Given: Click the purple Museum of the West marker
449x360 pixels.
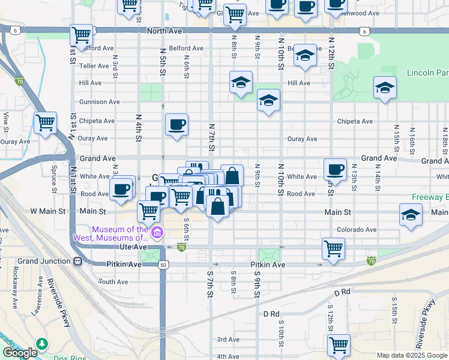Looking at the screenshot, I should click(157, 233).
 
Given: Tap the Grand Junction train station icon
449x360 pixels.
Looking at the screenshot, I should click(77, 262).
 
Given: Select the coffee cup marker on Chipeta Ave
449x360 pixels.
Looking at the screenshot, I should click(176, 125).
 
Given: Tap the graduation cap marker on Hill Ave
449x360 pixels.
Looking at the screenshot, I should click(241, 83).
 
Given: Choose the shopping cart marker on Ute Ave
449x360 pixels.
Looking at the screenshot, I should click(333, 248).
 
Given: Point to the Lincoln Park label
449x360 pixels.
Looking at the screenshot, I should click(428, 73).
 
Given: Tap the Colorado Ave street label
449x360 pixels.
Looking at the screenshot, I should click(357, 229).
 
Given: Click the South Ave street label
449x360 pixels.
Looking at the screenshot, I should click(113, 281).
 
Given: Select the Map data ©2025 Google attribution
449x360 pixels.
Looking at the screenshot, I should click(412, 355).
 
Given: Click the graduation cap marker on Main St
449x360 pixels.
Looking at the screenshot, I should click(411, 215).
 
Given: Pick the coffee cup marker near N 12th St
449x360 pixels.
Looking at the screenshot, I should click(335, 169).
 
